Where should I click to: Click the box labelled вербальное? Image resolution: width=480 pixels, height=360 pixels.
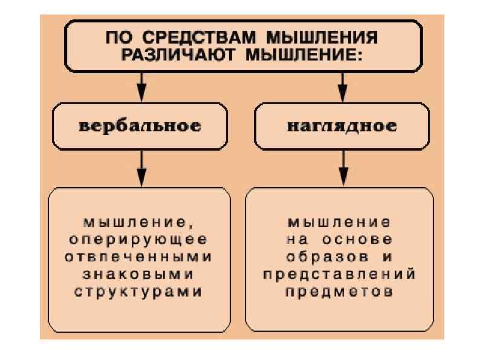tap(140, 126)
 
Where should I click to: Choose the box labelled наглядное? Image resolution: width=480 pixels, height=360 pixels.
tap(342, 126)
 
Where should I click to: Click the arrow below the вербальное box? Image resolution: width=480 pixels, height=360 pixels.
tap(141, 168)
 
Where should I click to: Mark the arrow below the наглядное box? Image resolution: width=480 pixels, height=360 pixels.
tap(343, 168)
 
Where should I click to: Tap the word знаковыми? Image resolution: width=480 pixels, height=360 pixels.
tap(139, 273)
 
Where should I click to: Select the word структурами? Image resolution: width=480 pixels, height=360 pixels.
tap(139, 291)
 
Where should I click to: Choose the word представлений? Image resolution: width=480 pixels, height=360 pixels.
tap(340, 273)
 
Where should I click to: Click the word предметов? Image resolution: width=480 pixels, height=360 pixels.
tap(340, 291)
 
